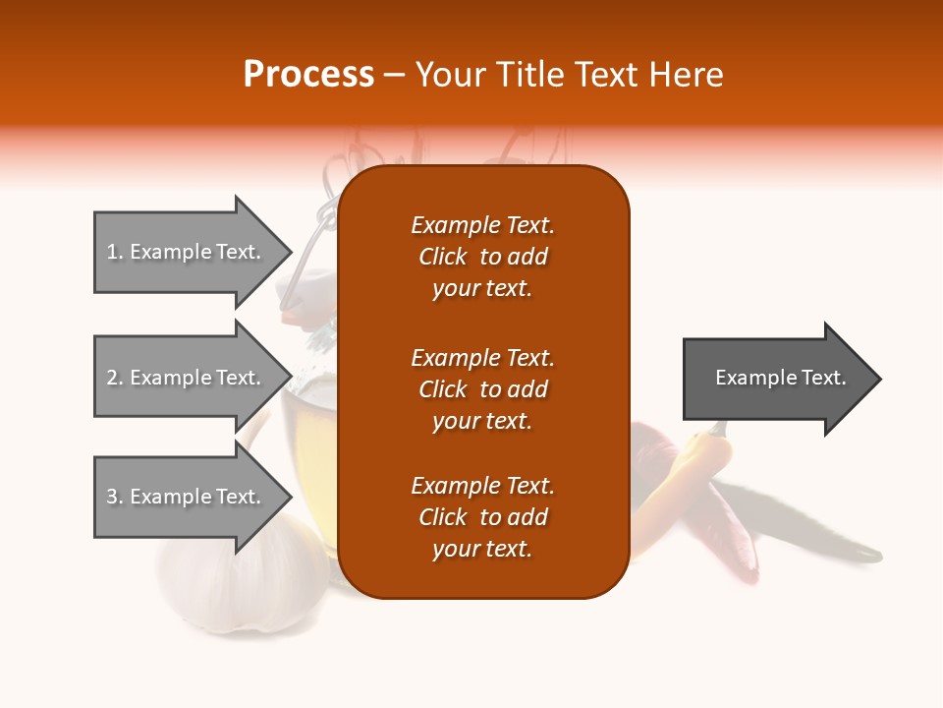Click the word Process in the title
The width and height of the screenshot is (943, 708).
coord(308,75)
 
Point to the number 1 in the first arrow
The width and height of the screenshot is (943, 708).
coord(111,252)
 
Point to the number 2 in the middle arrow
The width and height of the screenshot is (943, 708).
coord(111,378)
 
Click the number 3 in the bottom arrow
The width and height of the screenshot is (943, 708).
coord(111,497)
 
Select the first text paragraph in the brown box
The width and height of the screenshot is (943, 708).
coord(482,257)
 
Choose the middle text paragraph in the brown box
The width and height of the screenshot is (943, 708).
coord(482,389)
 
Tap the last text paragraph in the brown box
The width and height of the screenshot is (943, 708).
coord(482,517)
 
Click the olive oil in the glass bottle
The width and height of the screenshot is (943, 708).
coord(309,423)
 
